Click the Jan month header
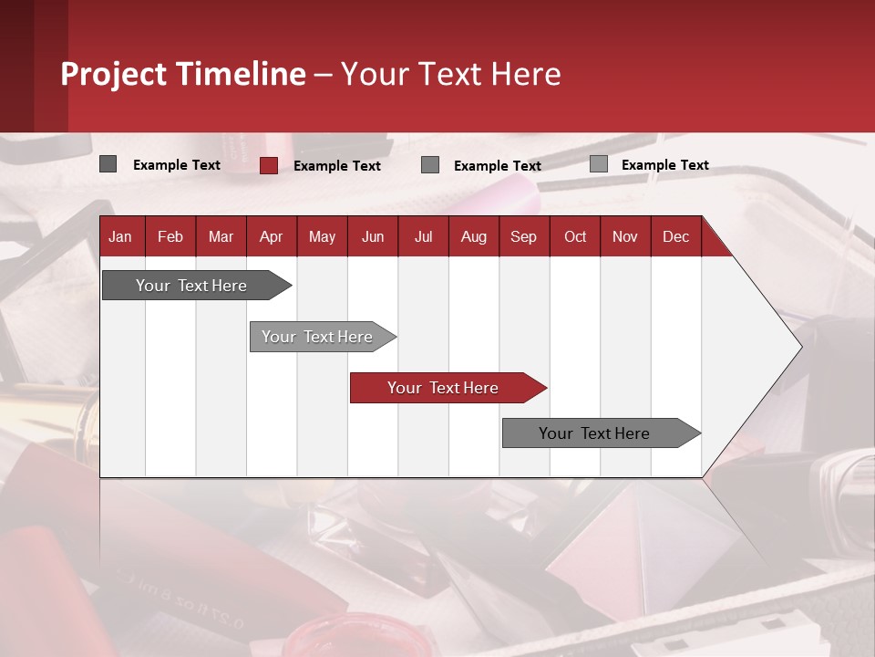coord(120,237)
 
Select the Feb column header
coord(170,237)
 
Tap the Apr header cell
coord(271,237)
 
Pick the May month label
coord(322,237)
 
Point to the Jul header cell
coord(423,237)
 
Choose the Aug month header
coord(473,237)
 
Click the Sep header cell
coord(523,237)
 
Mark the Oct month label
coord(575,237)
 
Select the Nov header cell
coord(625,237)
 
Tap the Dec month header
coord(675,237)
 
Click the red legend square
coord(269,165)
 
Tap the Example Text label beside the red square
coord(337,166)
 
